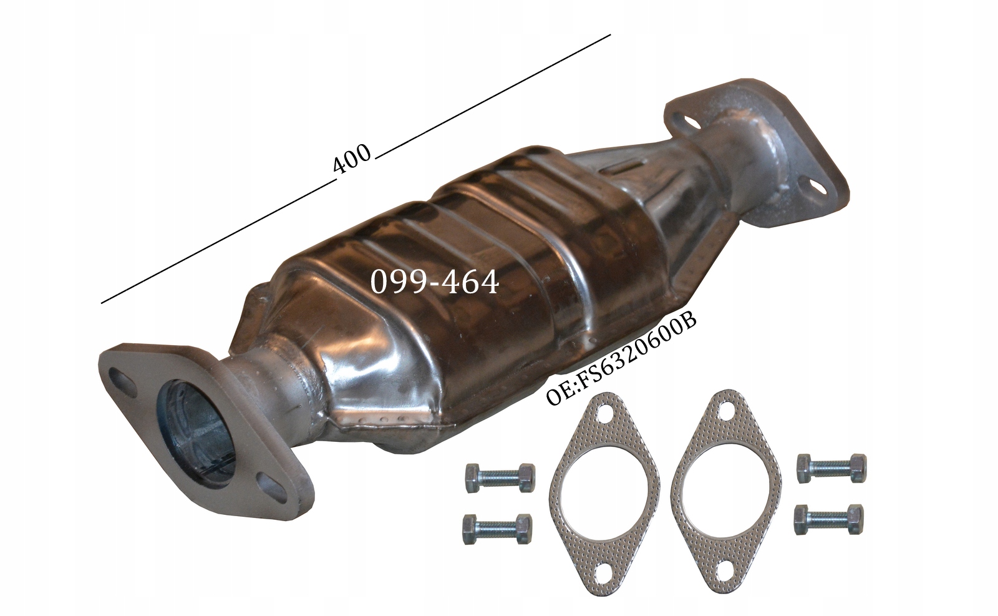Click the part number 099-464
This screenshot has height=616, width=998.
pyautogui.click(x=435, y=283)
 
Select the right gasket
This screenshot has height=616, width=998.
pyautogui.click(x=726, y=477)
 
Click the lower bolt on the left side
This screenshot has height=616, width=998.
pyautogui.click(x=497, y=529)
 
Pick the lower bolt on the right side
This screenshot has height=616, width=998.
pyautogui.click(x=829, y=519)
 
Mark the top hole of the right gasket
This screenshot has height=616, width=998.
pyautogui.click(x=724, y=413)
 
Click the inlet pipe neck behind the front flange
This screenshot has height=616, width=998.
pyautogui.click(x=268, y=375)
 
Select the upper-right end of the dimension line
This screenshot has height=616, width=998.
pyautogui.click(x=609, y=36)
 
